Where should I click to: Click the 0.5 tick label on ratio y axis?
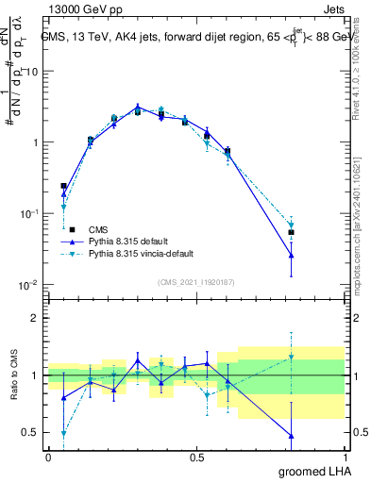(31, 433)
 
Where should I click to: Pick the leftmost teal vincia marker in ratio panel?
(63, 434)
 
